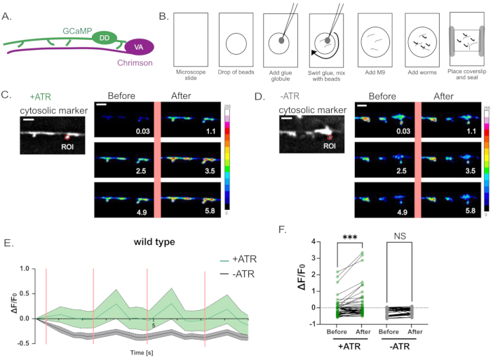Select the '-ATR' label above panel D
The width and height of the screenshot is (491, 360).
coord(294,98)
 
